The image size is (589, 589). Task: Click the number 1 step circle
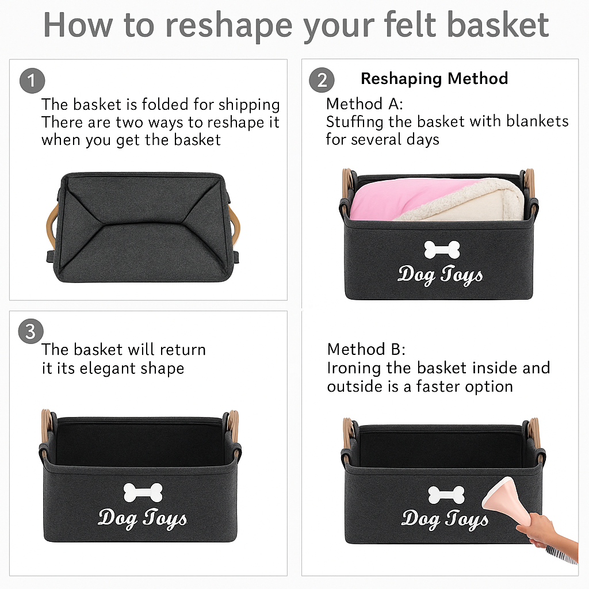coord(32,81)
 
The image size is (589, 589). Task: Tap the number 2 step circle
coord(322,80)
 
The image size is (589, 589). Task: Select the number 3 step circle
coord(31,331)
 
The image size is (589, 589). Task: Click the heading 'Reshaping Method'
coord(434,79)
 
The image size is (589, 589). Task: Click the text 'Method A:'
coord(365,104)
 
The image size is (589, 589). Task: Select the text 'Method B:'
coord(366,349)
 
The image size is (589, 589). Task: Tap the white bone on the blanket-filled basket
coord(442,250)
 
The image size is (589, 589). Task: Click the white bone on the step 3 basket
coord(143,492)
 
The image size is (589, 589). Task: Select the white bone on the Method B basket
coord(446,495)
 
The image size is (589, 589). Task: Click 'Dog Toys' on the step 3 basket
coord(142,518)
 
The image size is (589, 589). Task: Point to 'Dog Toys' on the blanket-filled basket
coord(441,275)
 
